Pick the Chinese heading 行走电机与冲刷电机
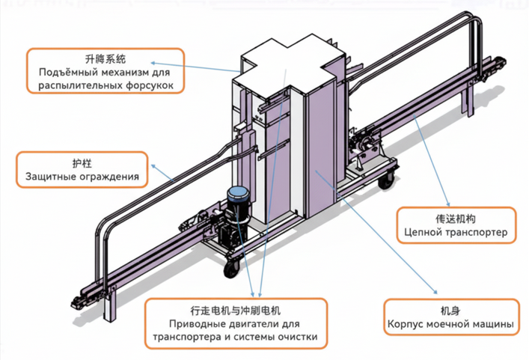[x=235, y=308]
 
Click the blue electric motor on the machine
[x=238, y=201]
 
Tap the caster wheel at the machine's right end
[x=388, y=180]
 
